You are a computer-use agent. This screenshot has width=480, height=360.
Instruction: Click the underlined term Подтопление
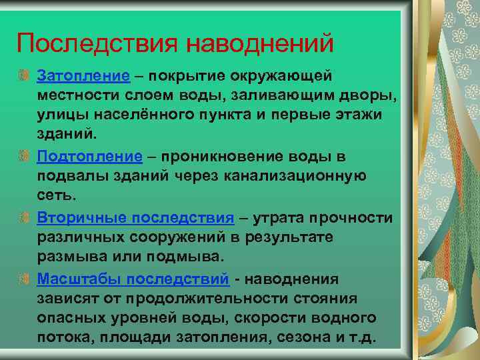click(x=90, y=156)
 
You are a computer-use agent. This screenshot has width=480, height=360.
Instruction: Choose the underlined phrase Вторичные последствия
click(x=136, y=217)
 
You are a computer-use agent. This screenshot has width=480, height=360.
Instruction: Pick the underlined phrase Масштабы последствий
click(x=133, y=278)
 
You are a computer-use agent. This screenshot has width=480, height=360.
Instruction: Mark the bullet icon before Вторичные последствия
click(x=24, y=217)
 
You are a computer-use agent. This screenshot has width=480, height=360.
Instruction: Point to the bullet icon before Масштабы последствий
click(x=24, y=278)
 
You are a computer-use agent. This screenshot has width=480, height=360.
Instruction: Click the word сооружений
click(x=180, y=237)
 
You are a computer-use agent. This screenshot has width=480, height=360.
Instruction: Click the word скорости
click(x=283, y=318)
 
